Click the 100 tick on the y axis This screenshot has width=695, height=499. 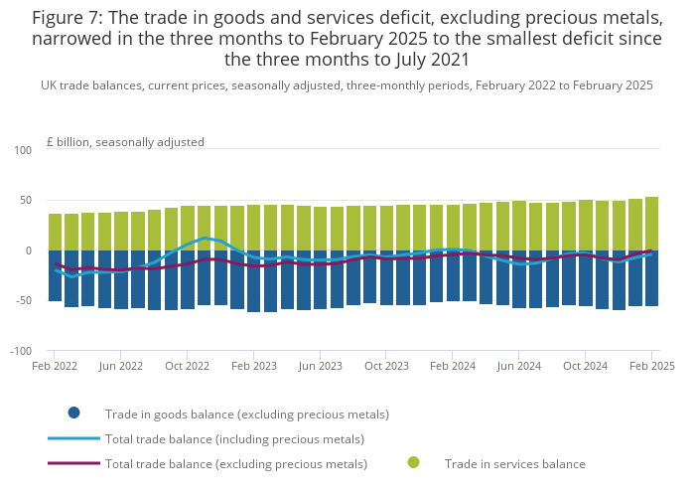pyautogui.click(x=24, y=150)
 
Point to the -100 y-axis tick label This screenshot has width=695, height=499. pyautogui.click(x=21, y=352)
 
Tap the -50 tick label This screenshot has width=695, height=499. pyautogui.click(x=24, y=301)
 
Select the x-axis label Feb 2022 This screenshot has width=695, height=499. pyautogui.click(x=54, y=366)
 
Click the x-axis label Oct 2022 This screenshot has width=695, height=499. pyautogui.click(x=187, y=366)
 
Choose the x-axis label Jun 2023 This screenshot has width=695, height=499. pyautogui.click(x=321, y=366)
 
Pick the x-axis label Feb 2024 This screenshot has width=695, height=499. pyautogui.click(x=453, y=366)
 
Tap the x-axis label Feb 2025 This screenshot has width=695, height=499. pyautogui.click(x=651, y=366)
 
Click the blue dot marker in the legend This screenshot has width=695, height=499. pyautogui.click(x=73, y=413)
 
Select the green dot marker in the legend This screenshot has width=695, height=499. pyautogui.click(x=413, y=462)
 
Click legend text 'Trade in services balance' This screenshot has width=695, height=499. pyautogui.click(x=514, y=463)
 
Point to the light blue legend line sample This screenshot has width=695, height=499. pyautogui.click(x=73, y=438)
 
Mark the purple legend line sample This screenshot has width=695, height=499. pyautogui.click(x=73, y=463)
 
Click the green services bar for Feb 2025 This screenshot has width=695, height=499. pyautogui.click(x=651, y=224)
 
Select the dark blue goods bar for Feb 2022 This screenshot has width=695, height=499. pyautogui.click(x=56, y=275)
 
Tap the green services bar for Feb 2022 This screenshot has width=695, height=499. pyautogui.click(x=56, y=232)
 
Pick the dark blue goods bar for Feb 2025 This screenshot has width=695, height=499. pyautogui.click(x=651, y=277)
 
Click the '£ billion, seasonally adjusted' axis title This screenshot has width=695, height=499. pyautogui.click(x=125, y=142)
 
